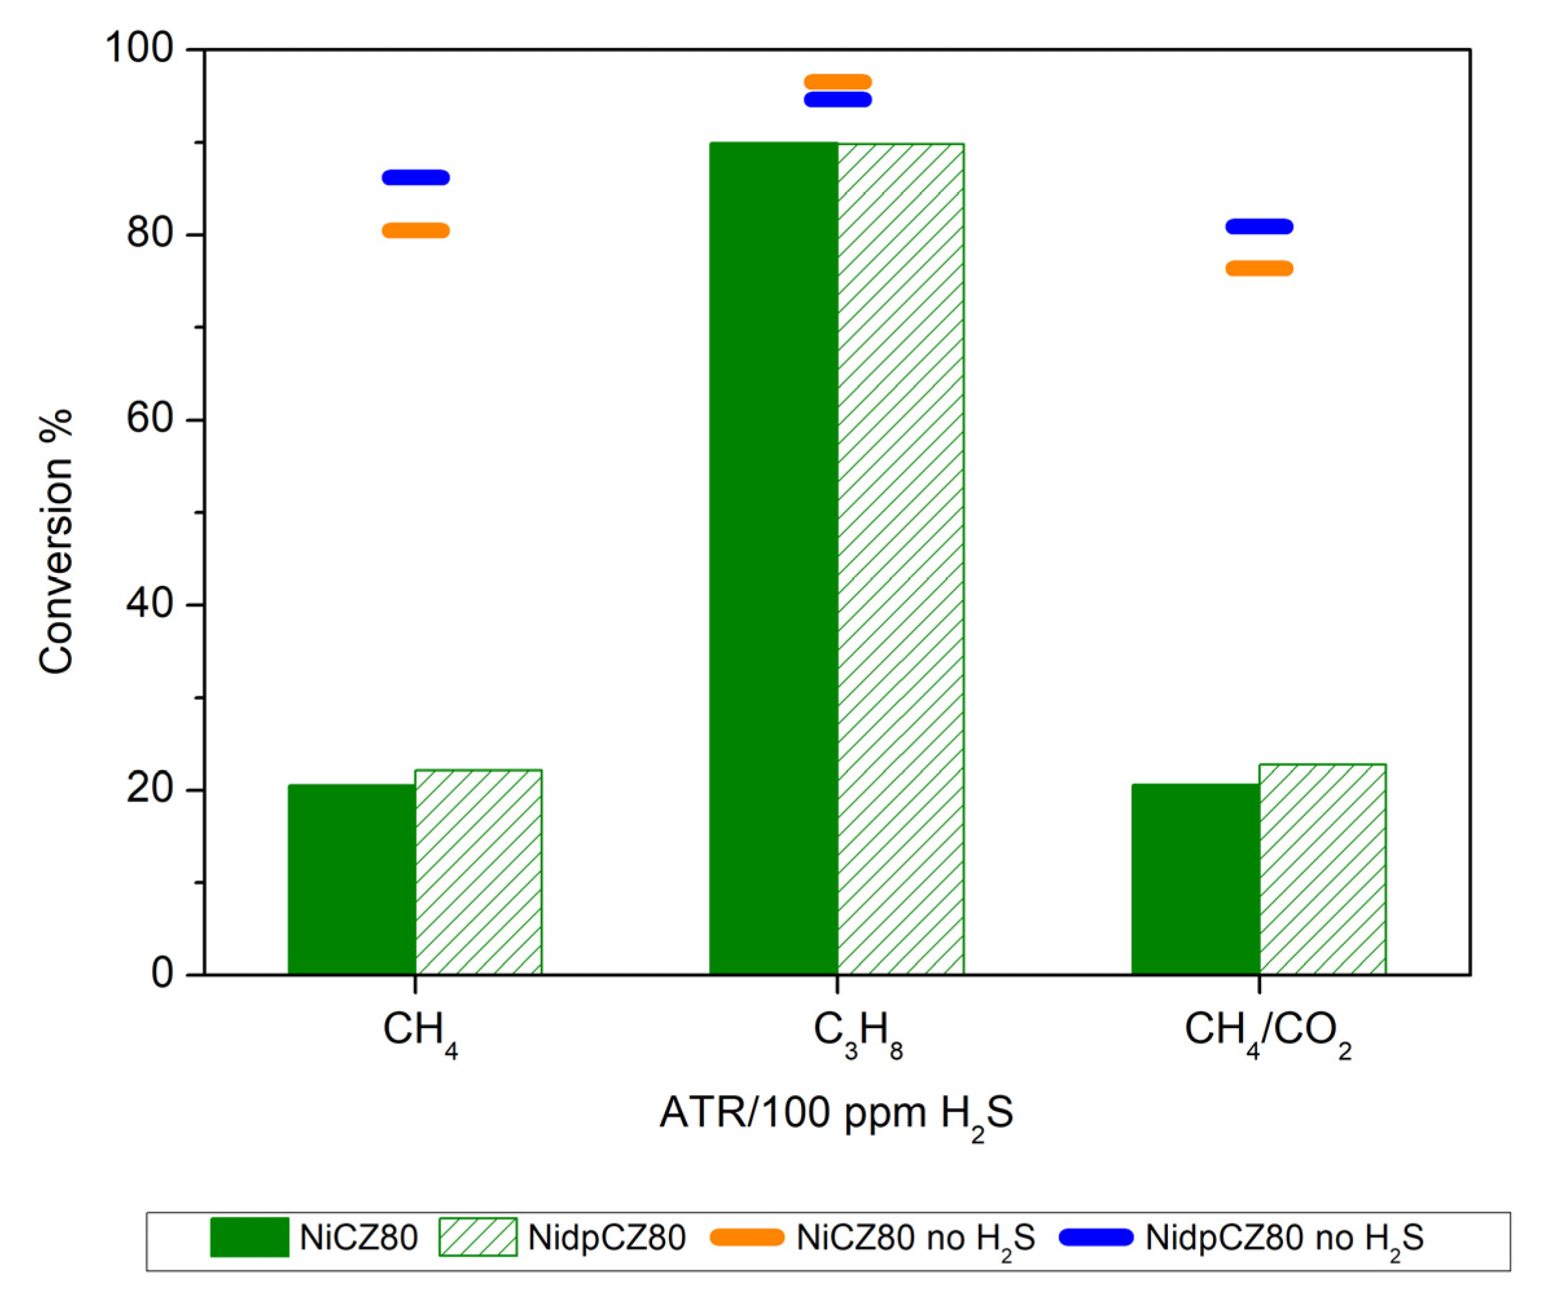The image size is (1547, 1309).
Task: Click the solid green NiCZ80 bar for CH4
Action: pos(351,878)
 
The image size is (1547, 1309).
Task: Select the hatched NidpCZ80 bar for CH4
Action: pos(478,872)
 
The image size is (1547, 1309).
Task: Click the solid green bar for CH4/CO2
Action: pos(1195,878)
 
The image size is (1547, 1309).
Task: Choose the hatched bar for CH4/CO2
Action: pos(1322,869)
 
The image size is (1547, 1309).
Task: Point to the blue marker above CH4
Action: pos(415,177)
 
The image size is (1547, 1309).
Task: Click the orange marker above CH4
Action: pos(415,230)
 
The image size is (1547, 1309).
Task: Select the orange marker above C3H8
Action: pos(837,82)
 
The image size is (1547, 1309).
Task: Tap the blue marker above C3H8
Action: pos(837,100)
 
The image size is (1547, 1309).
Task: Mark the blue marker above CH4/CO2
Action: pos(1259,227)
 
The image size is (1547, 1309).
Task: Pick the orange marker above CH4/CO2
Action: pos(1259,269)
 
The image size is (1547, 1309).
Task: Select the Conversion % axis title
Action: pos(56,542)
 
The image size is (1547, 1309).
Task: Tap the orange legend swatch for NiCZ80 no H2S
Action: pos(746,1237)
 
